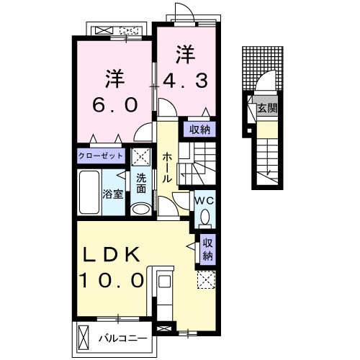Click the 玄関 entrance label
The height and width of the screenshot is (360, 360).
click(x=268, y=109)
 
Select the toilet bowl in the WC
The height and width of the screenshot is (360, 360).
click(x=204, y=217)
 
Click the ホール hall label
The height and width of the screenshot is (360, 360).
click(x=167, y=168)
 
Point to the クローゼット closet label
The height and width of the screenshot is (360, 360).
click(x=102, y=156)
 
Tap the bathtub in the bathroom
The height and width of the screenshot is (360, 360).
click(x=89, y=192)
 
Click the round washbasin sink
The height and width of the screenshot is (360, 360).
click(x=142, y=209)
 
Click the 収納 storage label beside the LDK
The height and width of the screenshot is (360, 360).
click(x=208, y=248)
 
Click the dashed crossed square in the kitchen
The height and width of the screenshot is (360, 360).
click(x=204, y=281)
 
